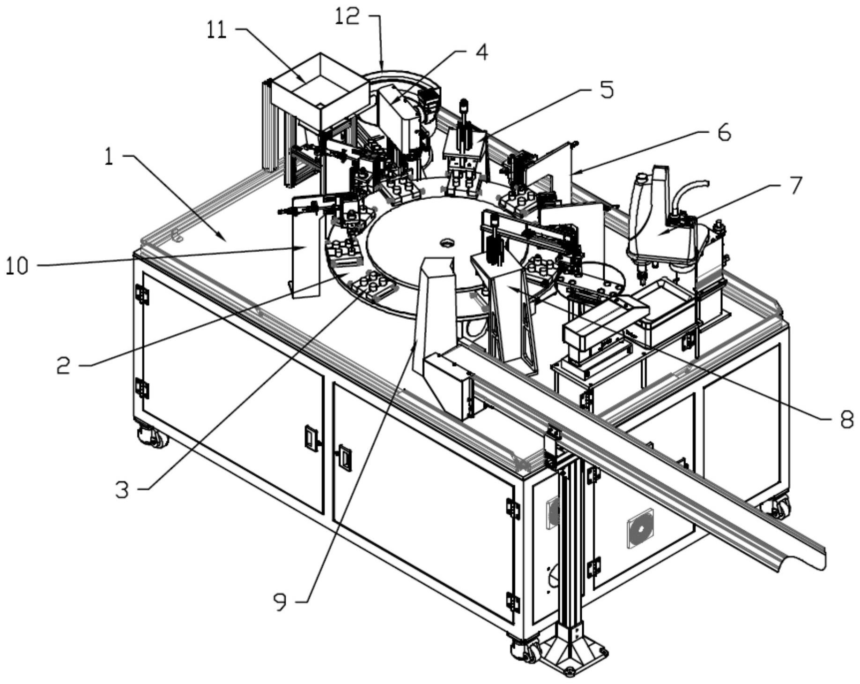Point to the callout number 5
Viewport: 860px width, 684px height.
pos(607,90)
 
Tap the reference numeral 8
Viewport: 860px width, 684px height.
pos(846,420)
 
